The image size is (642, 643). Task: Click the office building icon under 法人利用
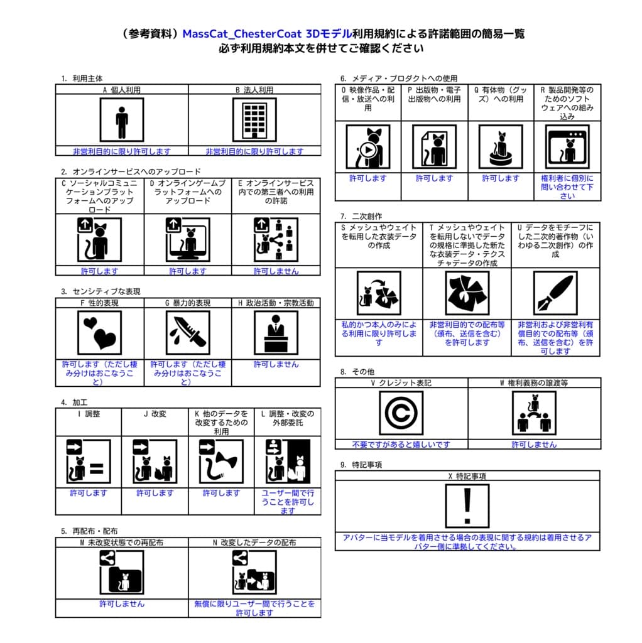(x=254, y=119)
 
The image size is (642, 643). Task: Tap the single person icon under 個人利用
(x=122, y=119)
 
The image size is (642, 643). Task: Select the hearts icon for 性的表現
(x=99, y=332)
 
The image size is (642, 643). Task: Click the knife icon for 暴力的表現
(x=188, y=332)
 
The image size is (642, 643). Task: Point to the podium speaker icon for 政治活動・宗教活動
(x=276, y=332)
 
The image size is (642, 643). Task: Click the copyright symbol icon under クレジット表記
(x=401, y=413)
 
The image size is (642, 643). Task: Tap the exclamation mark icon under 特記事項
(x=467, y=506)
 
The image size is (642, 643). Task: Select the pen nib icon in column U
(x=555, y=293)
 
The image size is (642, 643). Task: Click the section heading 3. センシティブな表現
(x=101, y=291)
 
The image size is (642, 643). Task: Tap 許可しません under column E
(x=276, y=271)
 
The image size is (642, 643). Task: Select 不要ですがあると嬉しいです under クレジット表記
(x=401, y=445)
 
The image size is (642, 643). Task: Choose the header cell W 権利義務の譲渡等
(x=534, y=382)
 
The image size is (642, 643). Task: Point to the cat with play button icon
(x=367, y=147)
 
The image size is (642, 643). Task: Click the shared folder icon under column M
(x=121, y=572)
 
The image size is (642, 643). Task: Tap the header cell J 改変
(x=155, y=414)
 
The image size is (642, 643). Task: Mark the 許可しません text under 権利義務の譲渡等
(x=534, y=445)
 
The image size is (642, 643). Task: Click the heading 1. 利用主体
(x=82, y=78)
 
